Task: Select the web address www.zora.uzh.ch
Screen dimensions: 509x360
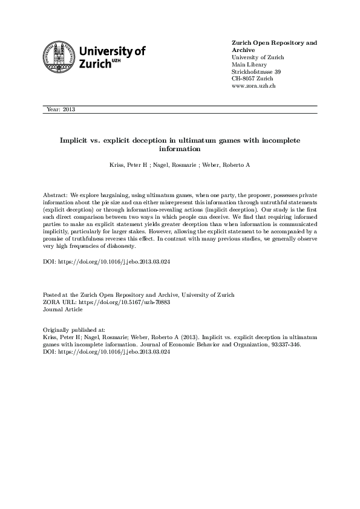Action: click(254, 86)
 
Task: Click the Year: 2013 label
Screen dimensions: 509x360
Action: click(61, 109)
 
